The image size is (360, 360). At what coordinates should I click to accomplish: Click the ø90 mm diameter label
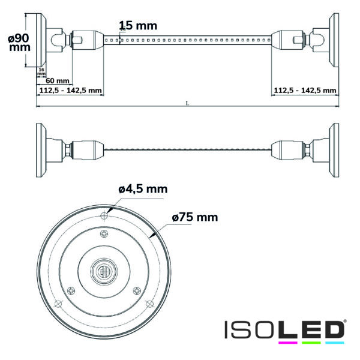click(x=19, y=42)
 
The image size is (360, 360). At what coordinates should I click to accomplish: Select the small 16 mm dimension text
click(x=41, y=72)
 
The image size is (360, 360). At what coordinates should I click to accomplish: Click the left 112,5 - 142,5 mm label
click(x=70, y=91)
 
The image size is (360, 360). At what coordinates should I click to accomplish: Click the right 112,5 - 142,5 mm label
click(x=304, y=91)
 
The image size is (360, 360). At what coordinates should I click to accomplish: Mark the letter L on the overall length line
click(x=187, y=103)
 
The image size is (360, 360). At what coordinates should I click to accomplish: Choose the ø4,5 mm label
click(x=143, y=189)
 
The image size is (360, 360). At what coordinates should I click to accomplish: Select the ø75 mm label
click(x=194, y=217)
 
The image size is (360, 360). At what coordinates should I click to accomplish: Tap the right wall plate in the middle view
click(x=333, y=147)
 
